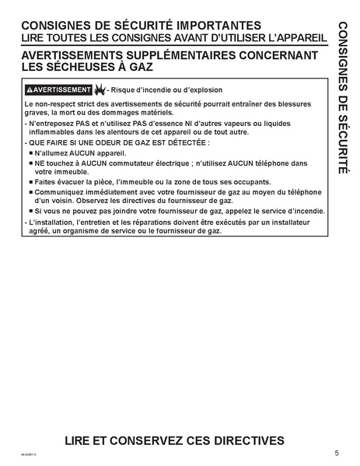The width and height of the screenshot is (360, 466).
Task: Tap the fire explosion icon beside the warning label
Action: tap(100, 89)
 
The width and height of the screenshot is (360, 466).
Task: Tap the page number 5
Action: tap(337, 453)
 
